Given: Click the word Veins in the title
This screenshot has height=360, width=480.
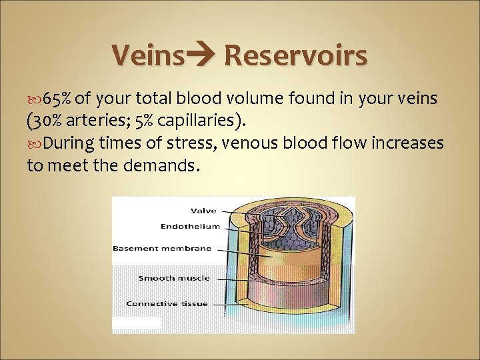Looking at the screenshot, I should coord(147,55).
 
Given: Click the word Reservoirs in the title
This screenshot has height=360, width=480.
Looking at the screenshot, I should coord(295,55).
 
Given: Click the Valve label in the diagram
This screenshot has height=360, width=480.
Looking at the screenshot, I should coord(203,211).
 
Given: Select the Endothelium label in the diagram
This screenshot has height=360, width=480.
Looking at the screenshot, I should coord(189,227).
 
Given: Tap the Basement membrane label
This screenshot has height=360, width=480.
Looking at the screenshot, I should coord(162,248).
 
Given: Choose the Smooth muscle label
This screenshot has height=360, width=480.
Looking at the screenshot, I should coord(173,278).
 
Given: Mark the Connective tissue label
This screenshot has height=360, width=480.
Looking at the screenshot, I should coord(167,304).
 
